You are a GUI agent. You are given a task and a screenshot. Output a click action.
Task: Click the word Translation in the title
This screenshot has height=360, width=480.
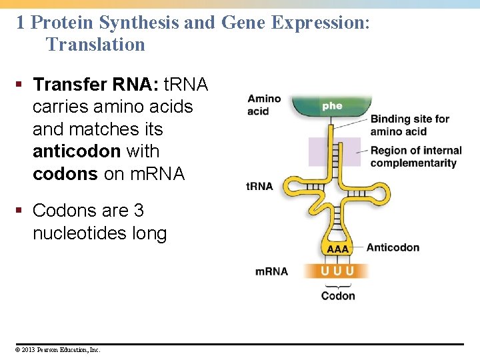point(95,45)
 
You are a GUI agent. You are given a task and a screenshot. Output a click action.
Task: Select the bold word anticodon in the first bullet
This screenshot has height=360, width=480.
point(76,151)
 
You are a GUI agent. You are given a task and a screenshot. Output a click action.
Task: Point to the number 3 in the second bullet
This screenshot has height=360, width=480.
point(139,211)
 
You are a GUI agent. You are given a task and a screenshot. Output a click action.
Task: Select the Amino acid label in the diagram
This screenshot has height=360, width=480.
point(264,105)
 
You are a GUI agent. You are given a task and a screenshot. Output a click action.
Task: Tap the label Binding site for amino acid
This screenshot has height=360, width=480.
point(409,125)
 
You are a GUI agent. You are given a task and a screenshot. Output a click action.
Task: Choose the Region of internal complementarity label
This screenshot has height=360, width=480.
point(415,157)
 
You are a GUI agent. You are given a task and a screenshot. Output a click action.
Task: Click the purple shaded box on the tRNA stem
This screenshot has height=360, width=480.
point(334,151)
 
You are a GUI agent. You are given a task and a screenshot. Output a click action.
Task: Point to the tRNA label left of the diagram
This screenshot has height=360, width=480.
point(260,186)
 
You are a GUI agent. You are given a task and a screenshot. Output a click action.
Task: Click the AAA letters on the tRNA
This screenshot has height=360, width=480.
point(337,249)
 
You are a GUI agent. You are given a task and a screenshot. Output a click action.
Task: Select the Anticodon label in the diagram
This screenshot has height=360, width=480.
point(393,247)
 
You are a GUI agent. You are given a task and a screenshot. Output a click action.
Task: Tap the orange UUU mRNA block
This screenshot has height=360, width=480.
point(337,271)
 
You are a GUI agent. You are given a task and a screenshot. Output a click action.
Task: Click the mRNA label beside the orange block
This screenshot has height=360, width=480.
point(271,271)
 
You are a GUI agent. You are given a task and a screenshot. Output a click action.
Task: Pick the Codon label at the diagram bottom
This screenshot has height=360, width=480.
point(338,296)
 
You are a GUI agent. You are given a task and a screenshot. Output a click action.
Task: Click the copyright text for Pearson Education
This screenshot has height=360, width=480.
point(59,349)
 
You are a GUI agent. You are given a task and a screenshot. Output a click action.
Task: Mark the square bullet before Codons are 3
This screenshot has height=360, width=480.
point(21,211)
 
